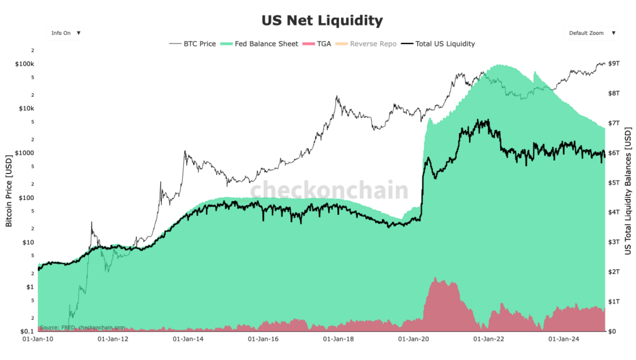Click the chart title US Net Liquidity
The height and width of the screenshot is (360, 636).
317,20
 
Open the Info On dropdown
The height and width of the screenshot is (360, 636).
65,33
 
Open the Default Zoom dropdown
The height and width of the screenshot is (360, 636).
591,33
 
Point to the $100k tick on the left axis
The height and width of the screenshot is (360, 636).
25,64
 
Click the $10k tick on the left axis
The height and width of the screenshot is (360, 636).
26,109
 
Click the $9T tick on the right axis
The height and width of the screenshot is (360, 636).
613,64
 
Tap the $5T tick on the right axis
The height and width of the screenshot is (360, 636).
613,182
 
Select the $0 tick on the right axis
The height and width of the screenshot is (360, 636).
611,331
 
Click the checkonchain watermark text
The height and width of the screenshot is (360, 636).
329,190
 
